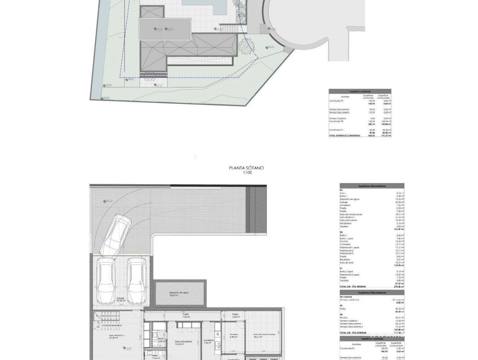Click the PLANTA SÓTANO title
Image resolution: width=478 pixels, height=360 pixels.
[x=247, y=168]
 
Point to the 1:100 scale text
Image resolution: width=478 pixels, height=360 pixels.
[x=247, y=172]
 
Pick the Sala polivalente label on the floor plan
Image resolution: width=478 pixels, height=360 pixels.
[x=183, y=342]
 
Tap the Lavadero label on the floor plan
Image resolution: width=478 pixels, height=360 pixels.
[x=209, y=341]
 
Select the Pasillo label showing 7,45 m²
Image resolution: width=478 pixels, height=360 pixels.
[x=185, y=315]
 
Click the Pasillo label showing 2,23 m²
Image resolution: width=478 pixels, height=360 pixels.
[x=235, y=315]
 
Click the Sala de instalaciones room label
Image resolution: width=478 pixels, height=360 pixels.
[x=264, y=335]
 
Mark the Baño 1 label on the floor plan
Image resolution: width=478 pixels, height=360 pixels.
[x=161, y=339]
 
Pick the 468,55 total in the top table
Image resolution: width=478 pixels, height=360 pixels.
[x=371, y=136]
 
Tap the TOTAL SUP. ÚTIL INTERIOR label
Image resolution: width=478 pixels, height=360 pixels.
[x=353, y=287]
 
